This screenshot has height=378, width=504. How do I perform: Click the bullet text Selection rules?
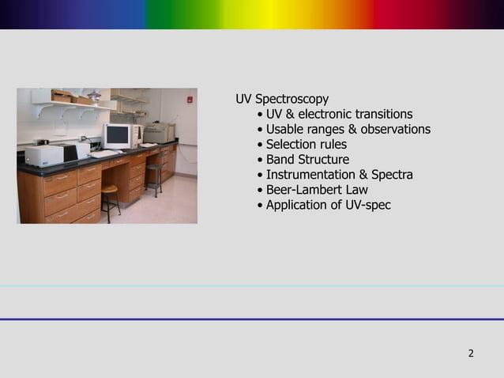[306, 144]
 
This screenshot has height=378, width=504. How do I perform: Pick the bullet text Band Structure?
[307, 160]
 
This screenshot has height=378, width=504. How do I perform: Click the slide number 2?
[471, 353]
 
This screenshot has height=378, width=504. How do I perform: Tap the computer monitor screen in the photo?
[117, 135]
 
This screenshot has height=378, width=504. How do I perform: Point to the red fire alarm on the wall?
[189, 100]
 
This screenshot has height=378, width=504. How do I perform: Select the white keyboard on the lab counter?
[104, 153]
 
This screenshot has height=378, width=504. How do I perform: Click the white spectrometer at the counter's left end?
[43, 155]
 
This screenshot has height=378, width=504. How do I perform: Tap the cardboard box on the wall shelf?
[62, 96]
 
